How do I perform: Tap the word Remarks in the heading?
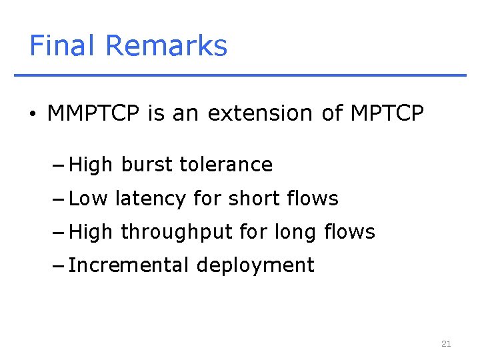coord(166,46)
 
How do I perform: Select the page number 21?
coord(446,344)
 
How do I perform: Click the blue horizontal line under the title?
coord(240,75)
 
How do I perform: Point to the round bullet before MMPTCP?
coord(33,115)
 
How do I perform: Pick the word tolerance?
coord(226,165)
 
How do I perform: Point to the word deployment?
coord(255,266)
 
